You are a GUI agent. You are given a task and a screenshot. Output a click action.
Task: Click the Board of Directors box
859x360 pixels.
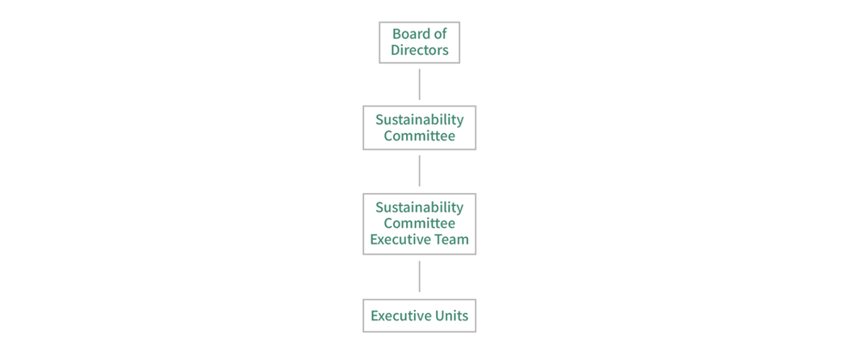point(419,42)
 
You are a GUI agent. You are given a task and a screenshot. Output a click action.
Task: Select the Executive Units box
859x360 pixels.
point(419,316)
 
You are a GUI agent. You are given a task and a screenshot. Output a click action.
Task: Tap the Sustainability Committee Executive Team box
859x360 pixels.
point(419,224)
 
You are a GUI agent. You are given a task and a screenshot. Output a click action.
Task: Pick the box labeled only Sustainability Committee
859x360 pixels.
point(419,128)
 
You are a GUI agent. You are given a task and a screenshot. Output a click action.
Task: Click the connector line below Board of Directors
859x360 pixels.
point(419,84)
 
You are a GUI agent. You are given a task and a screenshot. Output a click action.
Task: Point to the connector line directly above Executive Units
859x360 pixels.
point(419,276)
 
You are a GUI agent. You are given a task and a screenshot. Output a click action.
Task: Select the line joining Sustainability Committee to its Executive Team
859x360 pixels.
point(419,170)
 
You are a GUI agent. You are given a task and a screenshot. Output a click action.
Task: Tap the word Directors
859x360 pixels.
point(419,50)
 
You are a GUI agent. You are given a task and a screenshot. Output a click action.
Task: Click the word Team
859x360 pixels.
point(452,240)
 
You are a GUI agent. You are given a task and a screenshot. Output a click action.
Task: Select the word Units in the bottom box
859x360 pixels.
point(450,316)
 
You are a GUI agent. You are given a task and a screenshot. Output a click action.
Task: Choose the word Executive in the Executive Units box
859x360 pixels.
point(400,316)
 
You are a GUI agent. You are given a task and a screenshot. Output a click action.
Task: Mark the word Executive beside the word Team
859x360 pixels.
point(401,240)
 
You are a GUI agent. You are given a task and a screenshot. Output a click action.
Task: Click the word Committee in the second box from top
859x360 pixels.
point(419,136)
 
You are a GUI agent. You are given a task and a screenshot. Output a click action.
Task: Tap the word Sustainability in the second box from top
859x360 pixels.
point(419,119)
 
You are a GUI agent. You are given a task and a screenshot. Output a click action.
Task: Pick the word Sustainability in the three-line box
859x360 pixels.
point(419,207)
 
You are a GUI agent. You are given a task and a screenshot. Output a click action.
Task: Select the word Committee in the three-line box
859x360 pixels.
point(419,224)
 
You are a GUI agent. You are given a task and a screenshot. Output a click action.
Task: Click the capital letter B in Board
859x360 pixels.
point(396,34)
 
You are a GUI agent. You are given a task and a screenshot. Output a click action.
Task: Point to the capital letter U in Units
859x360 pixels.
point(436,316)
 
